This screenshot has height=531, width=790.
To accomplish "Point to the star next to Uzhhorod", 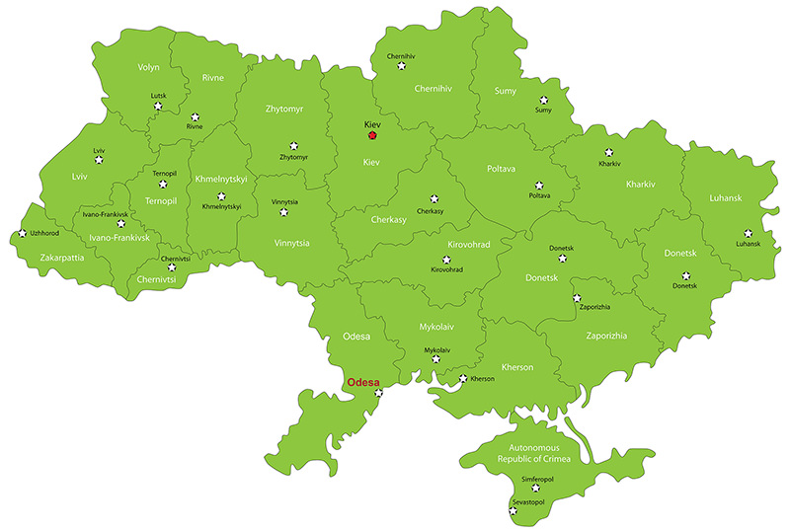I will pos(22,234).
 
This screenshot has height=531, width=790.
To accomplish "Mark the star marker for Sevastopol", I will pos(513,511).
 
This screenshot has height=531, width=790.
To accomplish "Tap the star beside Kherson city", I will pos(463,378).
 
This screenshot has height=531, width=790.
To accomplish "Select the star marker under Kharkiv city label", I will pos(608,153).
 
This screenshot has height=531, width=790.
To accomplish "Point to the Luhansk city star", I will pos(748,233).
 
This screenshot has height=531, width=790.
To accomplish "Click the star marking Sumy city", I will pos(544,100).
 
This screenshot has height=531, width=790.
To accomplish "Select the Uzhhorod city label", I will pos(47,234).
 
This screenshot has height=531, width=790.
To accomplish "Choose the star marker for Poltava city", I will pos(539,185).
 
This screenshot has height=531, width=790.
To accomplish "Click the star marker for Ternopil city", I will pos(164,184).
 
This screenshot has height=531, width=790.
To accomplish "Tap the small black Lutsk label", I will pos(158,96).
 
